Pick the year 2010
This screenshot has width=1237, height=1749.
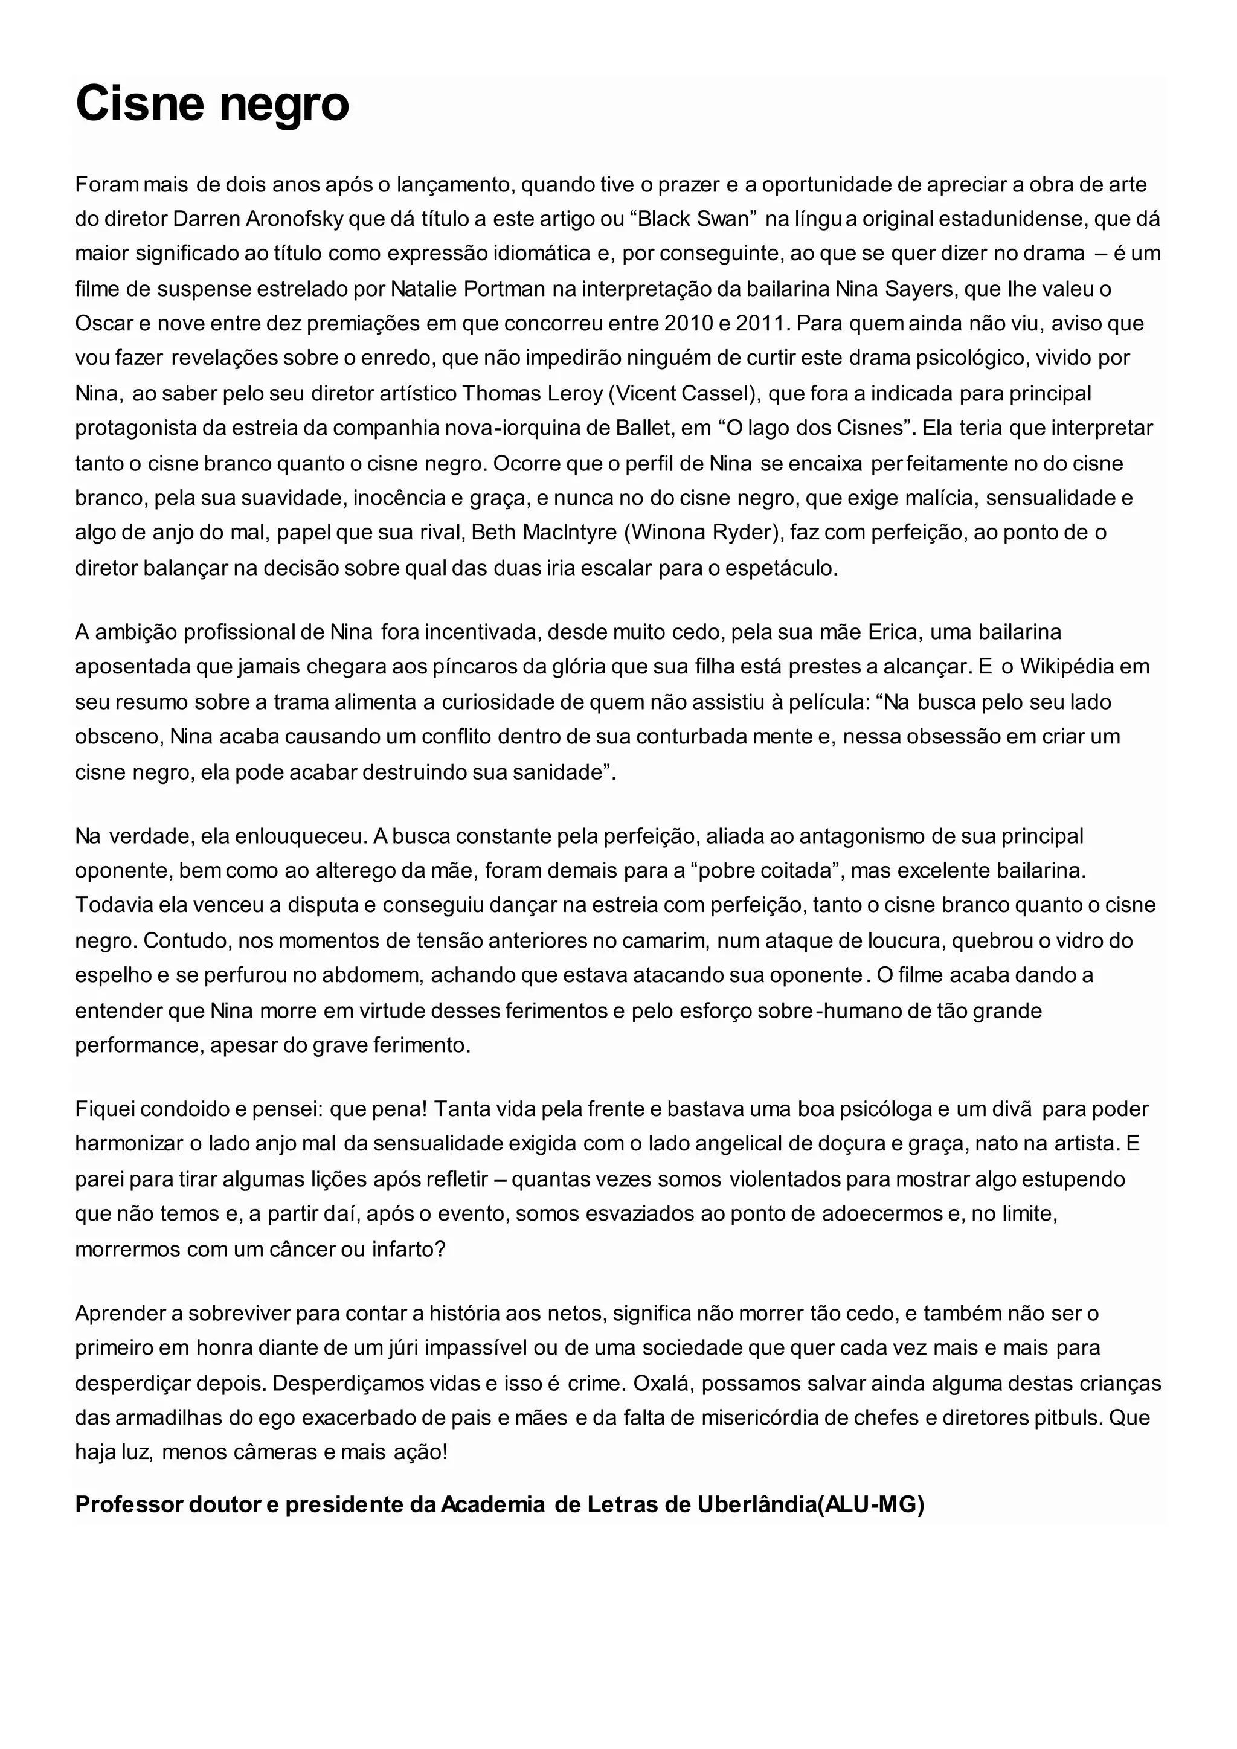[x=689, y=324]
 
